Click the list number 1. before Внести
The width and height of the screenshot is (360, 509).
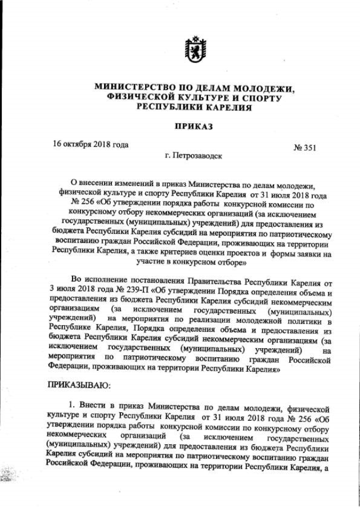71,406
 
